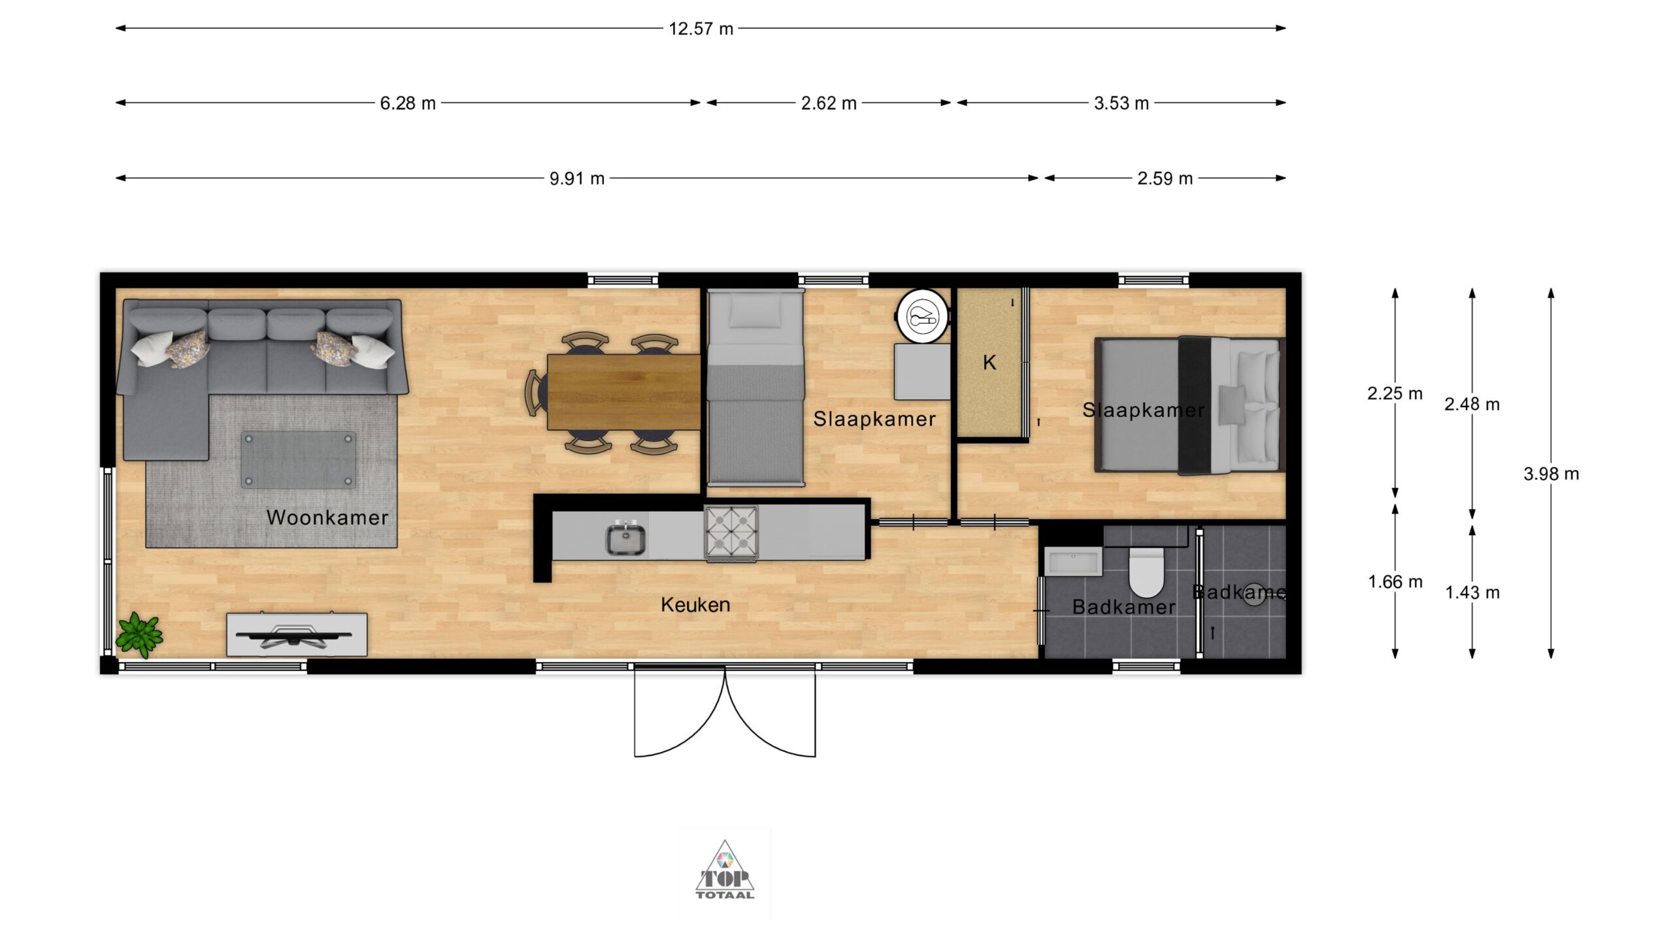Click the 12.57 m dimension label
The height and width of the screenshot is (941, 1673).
[x=701, y=29]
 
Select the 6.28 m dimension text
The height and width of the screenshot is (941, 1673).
[x=408, y=103]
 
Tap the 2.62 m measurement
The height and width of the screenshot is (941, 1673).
[x=829, y=103]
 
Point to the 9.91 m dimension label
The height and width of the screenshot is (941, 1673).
[x=577, y=178]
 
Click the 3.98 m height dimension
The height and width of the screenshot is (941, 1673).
[x=1551, y=474]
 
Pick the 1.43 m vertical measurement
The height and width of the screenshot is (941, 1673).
[x=1472, y=593]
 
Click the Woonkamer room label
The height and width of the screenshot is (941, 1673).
[x=327, y=518]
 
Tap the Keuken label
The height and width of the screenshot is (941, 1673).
[x=695, y=604]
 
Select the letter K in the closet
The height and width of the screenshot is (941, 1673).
[x=989, y=363]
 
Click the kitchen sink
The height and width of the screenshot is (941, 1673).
[x=626, y=540]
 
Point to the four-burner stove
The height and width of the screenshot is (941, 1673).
[x=731, y=533]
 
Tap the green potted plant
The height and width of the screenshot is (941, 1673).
[x=139, y=634]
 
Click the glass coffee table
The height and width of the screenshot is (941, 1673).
[x=299, y=459]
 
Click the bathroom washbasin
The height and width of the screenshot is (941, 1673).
[x=1073, y=561]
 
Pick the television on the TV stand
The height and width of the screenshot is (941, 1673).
[x=293, y=635]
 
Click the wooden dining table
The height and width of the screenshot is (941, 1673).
[x=623, y=392]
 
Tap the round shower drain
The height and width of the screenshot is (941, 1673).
[x=1253, y=594]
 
